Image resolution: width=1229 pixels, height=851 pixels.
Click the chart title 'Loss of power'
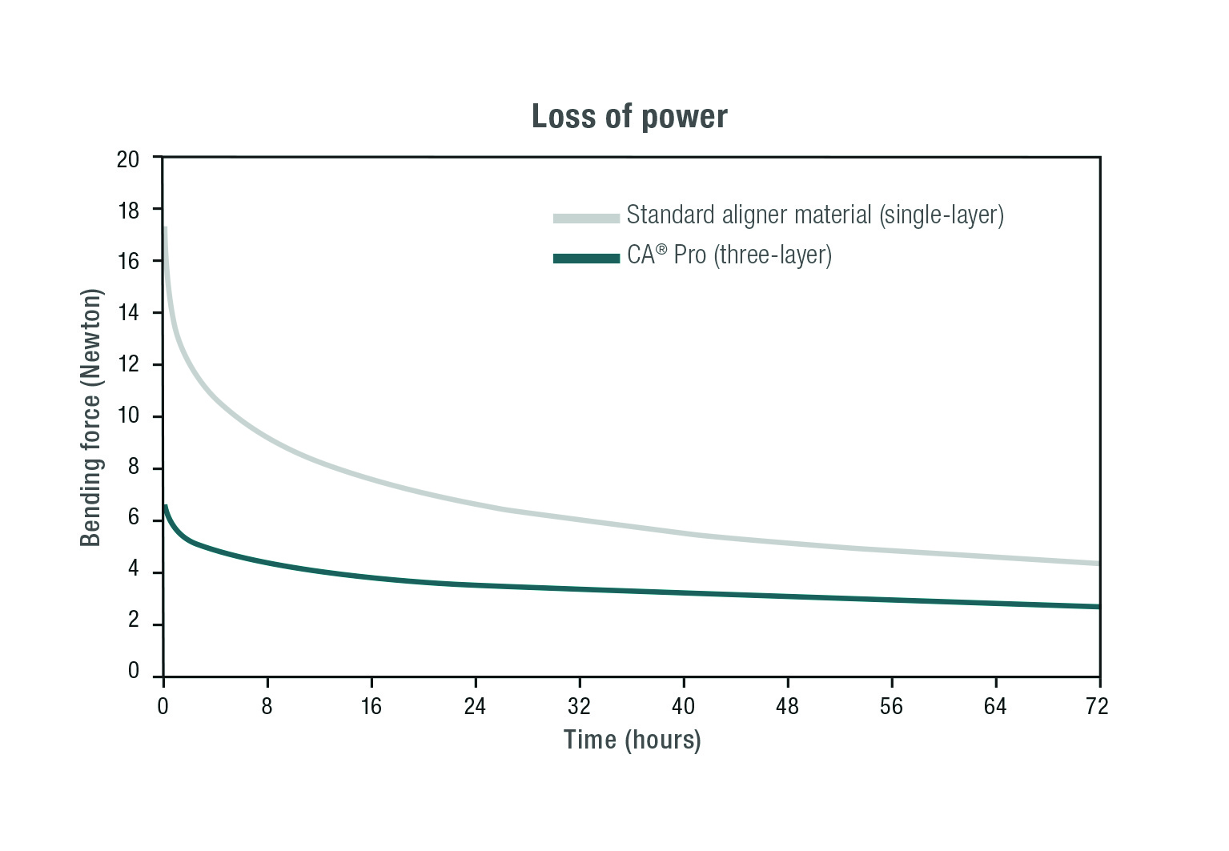click(629, 117)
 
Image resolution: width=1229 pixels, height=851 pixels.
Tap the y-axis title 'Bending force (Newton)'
click(91, 418)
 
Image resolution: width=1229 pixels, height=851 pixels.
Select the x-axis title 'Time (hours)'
click(632, 740)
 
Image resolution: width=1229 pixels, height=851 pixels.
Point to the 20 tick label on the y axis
click(128, 159)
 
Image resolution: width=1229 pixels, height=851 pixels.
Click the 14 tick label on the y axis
click(128, 312)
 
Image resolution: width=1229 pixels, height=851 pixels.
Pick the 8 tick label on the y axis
click(133, 466)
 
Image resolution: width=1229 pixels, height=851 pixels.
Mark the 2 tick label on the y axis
click(133, 620)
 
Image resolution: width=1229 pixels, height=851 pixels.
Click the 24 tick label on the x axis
click(475, 706)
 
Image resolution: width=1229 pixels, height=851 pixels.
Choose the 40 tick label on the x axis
click(683, 706)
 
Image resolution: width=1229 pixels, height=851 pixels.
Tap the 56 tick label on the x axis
click(891, 706)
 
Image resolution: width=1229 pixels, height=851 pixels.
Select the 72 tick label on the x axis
click(1097, 706)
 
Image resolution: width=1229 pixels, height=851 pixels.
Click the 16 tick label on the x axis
click(371, 706)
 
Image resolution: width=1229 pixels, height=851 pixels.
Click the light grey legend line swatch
click(586, 218)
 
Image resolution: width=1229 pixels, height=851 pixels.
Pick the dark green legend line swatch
click(586, 258)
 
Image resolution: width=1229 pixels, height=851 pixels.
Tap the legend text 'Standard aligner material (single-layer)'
click(815, 215)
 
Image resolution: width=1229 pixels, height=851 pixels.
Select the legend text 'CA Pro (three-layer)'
click(729, 255)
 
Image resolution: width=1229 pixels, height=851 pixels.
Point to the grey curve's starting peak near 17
click(165, 228)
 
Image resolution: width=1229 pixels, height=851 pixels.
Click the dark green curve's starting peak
click(165, 506)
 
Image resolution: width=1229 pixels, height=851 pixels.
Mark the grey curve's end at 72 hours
click(1098, 564)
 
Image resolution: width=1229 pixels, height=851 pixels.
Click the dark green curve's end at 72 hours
click(1098, 607)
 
